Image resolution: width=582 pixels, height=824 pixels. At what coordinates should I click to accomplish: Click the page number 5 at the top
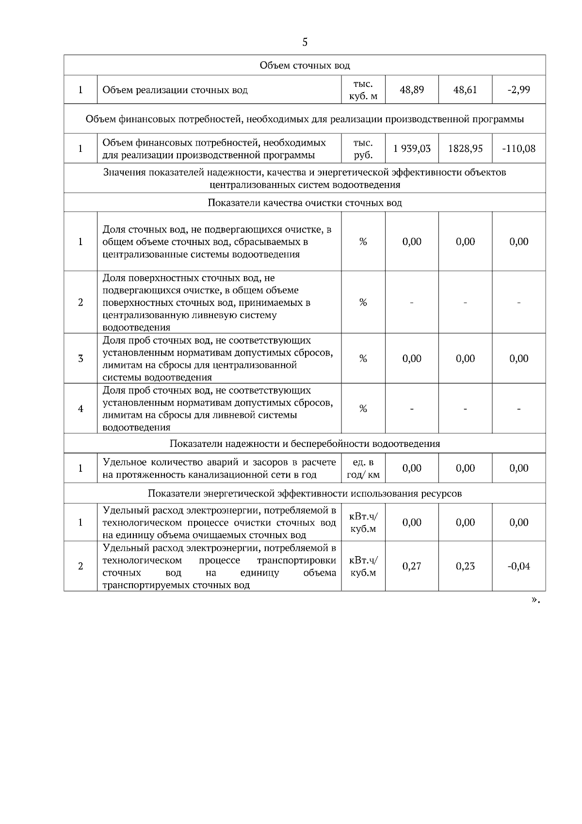305,42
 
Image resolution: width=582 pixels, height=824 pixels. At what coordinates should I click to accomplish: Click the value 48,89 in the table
412,90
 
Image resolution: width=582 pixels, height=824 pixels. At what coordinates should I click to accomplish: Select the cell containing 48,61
465,90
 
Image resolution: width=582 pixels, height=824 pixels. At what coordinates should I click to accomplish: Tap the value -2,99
518,90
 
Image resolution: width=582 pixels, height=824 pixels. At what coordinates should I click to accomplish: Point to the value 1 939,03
412,148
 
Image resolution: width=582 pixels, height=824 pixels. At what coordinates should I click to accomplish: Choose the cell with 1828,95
465,148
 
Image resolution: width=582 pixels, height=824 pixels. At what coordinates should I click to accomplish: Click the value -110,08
518,148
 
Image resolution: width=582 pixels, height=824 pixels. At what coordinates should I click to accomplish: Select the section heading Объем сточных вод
305,65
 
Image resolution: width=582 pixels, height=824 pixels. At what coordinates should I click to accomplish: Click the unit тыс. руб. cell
363,148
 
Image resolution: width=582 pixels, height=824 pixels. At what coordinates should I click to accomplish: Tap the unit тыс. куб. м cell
363,90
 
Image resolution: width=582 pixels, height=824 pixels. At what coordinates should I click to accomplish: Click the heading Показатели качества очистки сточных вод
305,203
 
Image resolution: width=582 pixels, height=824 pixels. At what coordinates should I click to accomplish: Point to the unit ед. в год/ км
363,468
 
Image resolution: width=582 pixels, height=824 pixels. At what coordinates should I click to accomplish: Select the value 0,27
412,566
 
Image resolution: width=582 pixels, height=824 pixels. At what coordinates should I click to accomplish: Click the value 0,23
465,566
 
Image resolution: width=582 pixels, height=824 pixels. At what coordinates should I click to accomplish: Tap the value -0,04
518,566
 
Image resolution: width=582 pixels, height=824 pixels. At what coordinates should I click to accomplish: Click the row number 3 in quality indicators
81,359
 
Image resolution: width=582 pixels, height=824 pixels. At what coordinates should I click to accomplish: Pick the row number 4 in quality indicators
81,409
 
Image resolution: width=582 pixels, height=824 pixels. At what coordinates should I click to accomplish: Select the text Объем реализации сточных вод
175,90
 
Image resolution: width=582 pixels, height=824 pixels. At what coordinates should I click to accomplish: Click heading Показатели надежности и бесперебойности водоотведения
305,444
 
